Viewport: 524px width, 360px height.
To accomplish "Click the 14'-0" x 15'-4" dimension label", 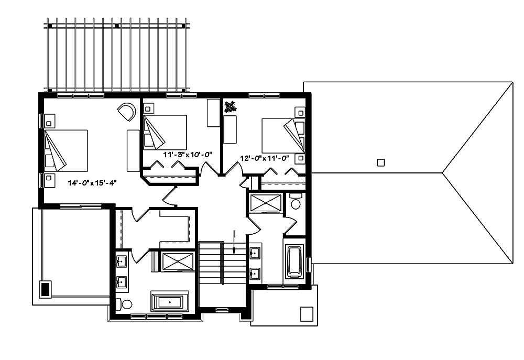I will coord(91,183).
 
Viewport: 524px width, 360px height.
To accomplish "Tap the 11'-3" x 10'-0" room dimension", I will coord(187,155).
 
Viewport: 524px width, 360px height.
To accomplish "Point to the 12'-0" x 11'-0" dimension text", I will coord(265,158).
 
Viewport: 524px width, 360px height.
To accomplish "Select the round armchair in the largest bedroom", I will coord(127,112).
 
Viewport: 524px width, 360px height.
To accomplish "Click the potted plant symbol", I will coord(230,107).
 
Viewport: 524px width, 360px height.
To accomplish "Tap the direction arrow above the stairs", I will coord(234,242).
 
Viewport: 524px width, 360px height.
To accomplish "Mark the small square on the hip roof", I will coord(381,162).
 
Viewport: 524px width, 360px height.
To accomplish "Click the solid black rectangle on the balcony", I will coord(46,288).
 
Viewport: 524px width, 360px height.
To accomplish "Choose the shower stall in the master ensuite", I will coord(177,262).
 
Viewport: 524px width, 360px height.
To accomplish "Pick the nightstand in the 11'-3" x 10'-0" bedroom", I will coord(148,108).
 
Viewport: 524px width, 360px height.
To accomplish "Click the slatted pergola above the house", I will coord(115,55).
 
